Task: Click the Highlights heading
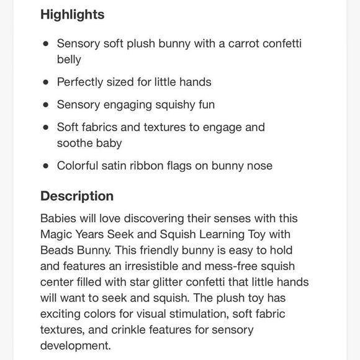(x=72, y=14)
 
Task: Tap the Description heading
(x=77, y=197)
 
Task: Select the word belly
(x=69, y=60)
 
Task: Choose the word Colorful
(x=80, y=166)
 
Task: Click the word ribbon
(x=169, y=166)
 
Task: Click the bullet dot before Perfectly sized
(x=46, y=82)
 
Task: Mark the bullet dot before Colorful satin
(x=46, y=166)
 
